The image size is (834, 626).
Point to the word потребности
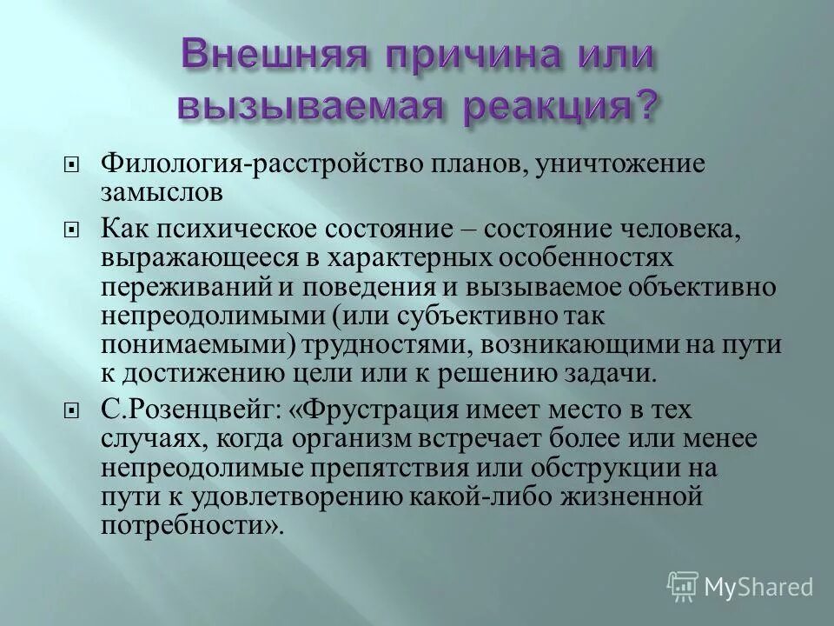pos(188,526)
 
